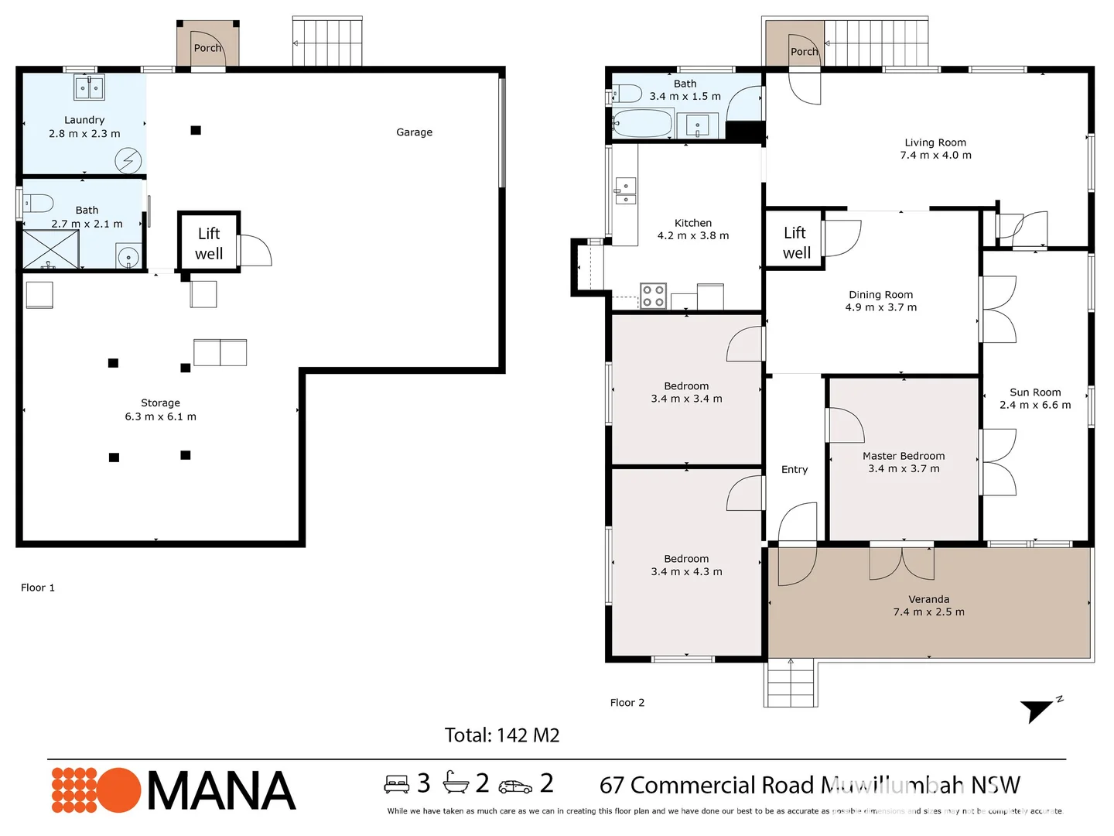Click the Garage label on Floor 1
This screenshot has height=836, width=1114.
click(x=414, y=132)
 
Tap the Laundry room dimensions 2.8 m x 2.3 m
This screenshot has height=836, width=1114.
click(x=84, y=134)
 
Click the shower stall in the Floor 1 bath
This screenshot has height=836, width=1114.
click(x=50, y=249)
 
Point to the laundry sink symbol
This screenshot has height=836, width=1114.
click(x=89, y=88)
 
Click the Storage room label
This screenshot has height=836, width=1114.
click(x=160, y=403)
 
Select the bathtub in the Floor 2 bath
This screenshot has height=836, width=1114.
click(x=642, y=124)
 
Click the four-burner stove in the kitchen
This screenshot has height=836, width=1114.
click(x=653, y=296)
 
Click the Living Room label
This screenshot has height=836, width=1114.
click(x=935, y=142)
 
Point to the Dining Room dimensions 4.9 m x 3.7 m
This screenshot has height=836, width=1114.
click(x=880, y=307)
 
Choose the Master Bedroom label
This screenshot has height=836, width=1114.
click(x=904, y=456)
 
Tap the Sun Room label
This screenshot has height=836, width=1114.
click(x=1035, y=392)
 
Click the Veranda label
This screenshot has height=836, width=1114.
click(x=928, y=599)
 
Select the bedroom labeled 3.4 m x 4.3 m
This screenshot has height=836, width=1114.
click(x=686, y=565)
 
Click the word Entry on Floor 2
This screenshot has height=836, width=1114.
click(x=794, y=469)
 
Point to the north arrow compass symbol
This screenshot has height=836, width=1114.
click(x=1038, y=708)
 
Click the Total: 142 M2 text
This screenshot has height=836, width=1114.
click(x=501, y=735)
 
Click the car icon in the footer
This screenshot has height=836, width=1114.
click(x=515, y=786)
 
